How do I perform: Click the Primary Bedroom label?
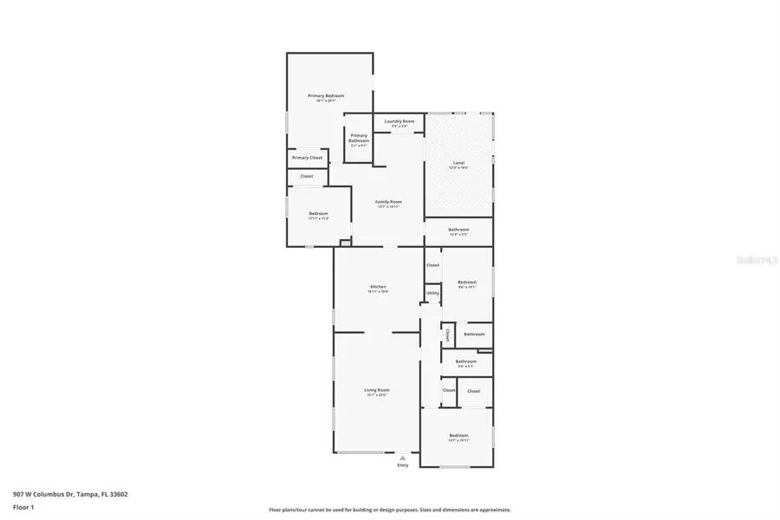(326, 95)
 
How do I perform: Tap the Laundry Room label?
(400, 121)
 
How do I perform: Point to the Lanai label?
(458, 163)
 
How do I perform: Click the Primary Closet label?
(307, 158)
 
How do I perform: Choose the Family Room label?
(388, 202)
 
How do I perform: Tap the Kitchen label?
(378, 287)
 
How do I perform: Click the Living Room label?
(376, 391)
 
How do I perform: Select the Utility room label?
(432, 293)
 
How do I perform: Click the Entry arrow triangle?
(402, 457)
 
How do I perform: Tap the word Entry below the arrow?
(402, 465)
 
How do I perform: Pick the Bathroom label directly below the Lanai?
(458, 230)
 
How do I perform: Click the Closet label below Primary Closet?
(307, 176)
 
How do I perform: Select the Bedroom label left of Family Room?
(318, 214)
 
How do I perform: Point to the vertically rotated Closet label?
(447, 334)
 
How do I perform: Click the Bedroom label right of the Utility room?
(467, 282)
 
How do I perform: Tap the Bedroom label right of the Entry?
(458, 435)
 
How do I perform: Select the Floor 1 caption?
(23, 506)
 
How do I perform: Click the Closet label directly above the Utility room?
(432, 265)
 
